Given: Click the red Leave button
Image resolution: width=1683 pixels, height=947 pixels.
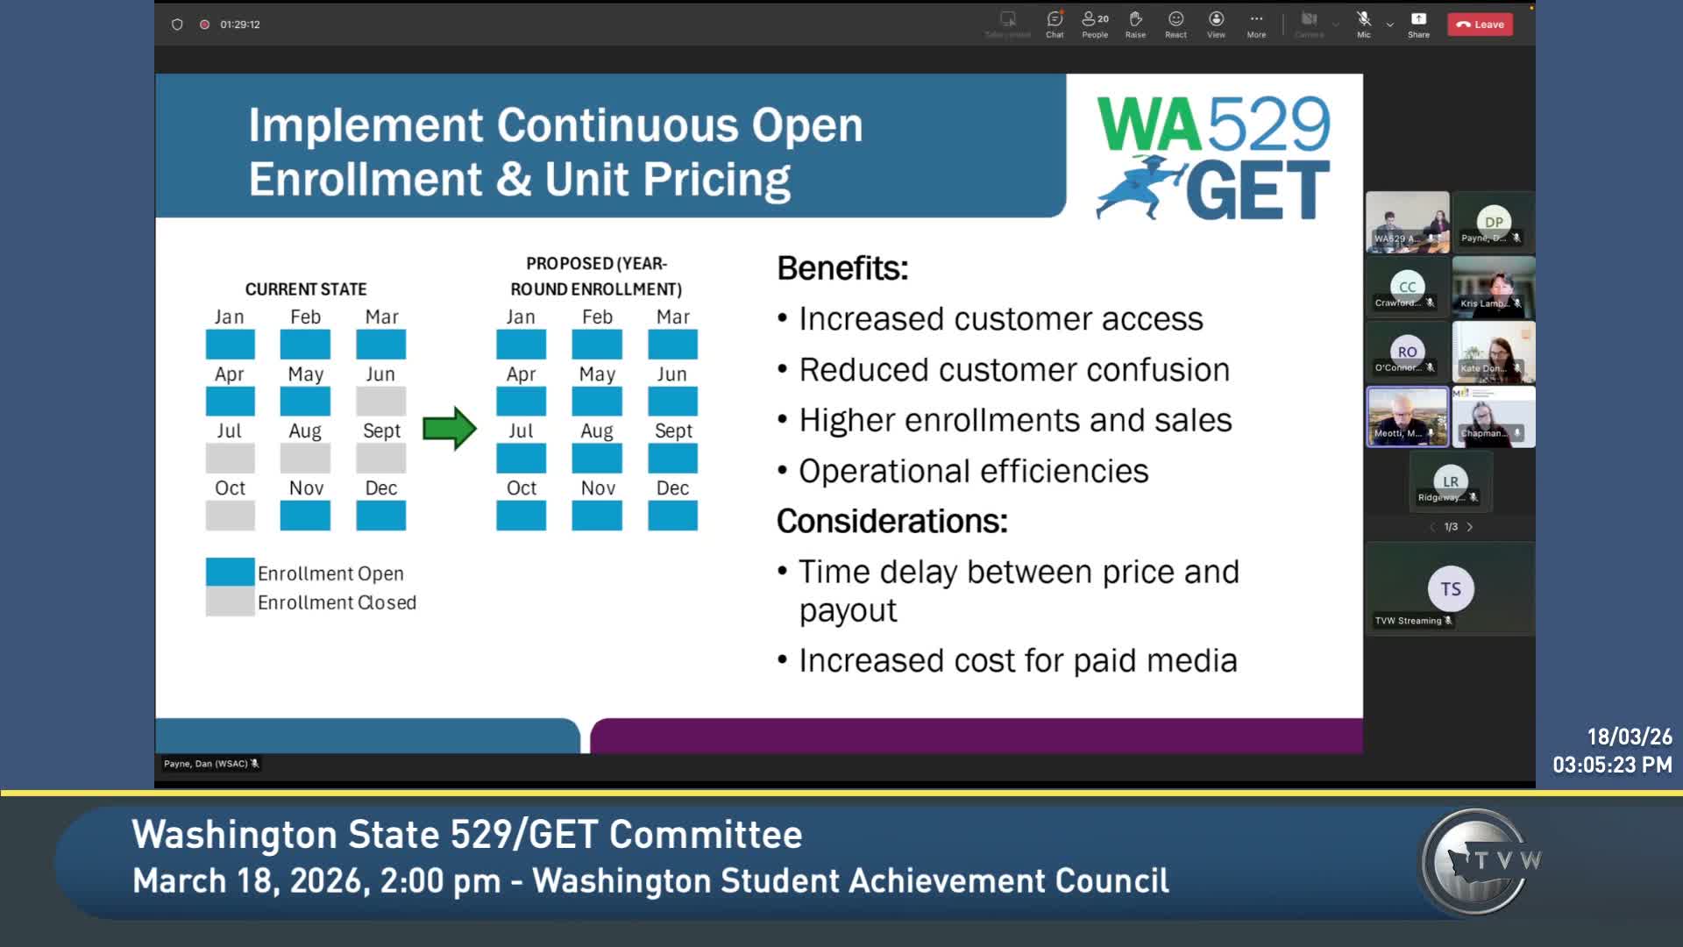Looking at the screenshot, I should tap(1480, 25).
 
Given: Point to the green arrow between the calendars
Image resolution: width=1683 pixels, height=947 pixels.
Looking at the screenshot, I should tap(450, 429).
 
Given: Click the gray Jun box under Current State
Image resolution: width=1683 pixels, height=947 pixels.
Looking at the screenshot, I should tap(380, 401).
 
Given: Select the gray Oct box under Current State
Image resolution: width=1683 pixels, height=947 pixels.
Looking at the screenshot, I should tap(230, 516).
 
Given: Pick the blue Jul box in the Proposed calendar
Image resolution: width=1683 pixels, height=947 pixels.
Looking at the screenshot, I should tap(521, 459).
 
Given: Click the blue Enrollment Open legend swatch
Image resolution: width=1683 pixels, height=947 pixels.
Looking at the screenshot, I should tap(230, 572).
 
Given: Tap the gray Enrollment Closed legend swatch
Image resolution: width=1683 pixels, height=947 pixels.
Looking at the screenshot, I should tap(230, 602).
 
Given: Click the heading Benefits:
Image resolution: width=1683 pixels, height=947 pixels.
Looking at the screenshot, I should tap(842, 268).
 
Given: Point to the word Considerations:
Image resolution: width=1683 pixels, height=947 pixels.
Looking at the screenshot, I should tap(891, 521).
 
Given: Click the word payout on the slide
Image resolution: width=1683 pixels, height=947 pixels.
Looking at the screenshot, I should tap(848, 610).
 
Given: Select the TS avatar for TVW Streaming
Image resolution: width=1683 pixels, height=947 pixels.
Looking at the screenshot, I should tap(1451, 588).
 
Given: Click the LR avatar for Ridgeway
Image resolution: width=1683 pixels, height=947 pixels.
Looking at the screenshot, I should tap(1451, 481).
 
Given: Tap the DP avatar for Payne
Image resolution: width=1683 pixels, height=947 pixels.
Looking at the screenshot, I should tap(1494, 222).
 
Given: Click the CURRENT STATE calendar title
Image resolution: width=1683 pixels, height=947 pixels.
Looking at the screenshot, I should tap(306, 289).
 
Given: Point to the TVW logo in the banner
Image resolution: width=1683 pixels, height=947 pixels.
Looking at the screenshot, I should tap(1479, 862).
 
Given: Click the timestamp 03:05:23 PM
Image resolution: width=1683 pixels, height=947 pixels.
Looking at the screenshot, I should tap(1612, 765).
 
